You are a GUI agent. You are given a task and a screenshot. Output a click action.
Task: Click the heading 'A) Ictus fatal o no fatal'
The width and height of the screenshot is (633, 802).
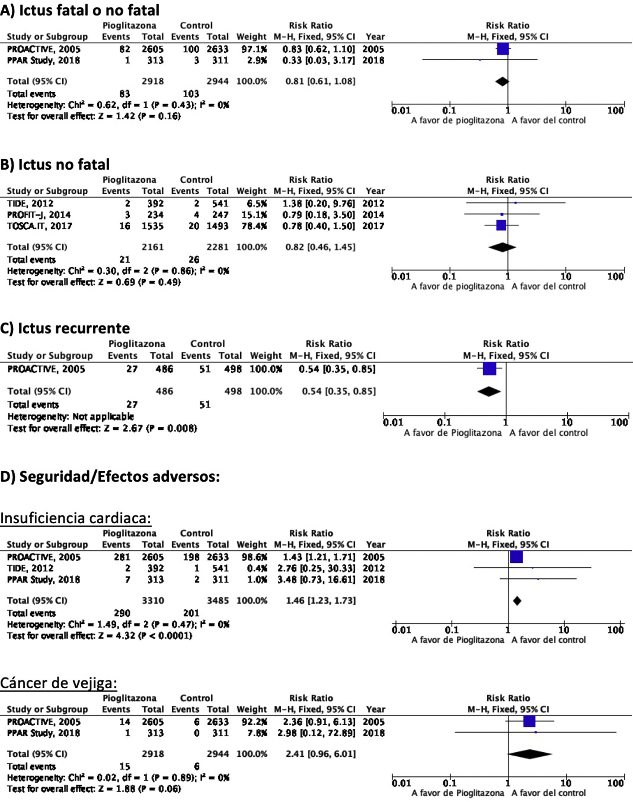80,10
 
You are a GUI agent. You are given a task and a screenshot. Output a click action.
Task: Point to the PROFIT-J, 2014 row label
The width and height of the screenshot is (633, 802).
39,215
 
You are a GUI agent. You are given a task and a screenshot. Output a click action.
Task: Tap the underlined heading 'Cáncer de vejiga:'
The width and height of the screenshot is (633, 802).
58,683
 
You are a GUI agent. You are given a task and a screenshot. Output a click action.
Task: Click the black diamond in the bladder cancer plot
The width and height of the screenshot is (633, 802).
530,754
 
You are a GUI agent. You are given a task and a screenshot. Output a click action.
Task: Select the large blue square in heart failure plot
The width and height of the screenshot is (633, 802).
516,557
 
